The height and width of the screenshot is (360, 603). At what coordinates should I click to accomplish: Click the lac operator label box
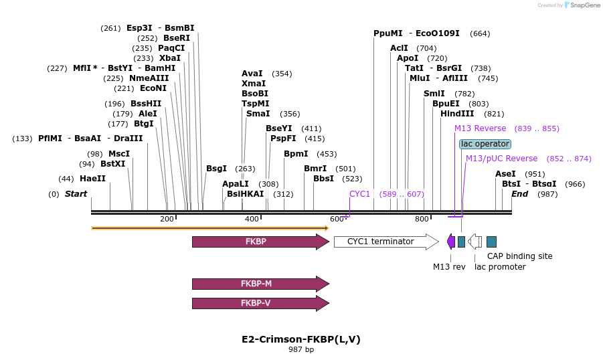485,144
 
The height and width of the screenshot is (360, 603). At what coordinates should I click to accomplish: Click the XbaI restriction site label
170,58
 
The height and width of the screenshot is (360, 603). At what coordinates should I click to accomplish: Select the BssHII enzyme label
146,104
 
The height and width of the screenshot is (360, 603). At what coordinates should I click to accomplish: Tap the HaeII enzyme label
92,179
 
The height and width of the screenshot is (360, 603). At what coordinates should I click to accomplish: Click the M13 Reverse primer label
480,128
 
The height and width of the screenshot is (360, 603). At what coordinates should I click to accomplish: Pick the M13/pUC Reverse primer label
501,159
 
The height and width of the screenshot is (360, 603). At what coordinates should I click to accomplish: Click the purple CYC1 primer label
359,194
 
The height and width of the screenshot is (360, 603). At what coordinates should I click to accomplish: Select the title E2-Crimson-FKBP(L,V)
301,339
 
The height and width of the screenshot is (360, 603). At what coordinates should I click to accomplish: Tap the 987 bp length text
301,350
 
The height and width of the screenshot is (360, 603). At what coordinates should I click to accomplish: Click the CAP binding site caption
519,256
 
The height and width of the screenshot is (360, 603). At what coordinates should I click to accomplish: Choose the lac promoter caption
500,267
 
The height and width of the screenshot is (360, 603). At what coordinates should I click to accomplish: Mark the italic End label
520,194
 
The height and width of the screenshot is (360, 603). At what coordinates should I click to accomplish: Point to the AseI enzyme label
505,174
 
